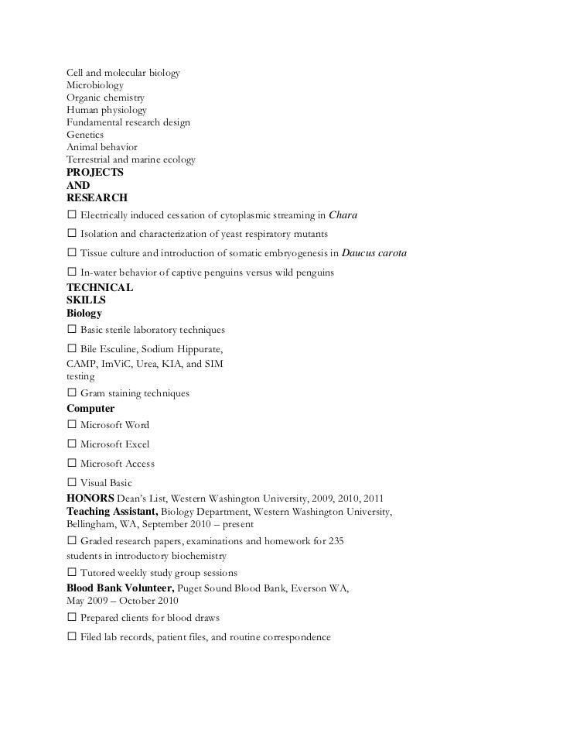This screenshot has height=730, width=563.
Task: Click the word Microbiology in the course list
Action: point(94,85)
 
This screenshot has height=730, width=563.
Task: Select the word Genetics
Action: point(85,135)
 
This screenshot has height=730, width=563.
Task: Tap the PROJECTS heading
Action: point(95,173)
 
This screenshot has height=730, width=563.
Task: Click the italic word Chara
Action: point(343,215)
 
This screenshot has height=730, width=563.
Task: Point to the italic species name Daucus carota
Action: point(374,254)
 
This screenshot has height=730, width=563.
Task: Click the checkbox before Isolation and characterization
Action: point(72,235)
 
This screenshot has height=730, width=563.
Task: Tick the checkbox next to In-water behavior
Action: point(72,273)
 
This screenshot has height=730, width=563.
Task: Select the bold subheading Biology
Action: point(84,314)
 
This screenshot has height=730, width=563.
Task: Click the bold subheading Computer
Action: point(90,409)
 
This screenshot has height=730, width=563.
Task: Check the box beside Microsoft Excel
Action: point(72,445)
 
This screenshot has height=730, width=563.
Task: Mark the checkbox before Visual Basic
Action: point(72,483)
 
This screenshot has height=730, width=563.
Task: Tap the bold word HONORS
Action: point(90,498)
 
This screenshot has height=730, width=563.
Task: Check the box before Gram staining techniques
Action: point(72,394)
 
